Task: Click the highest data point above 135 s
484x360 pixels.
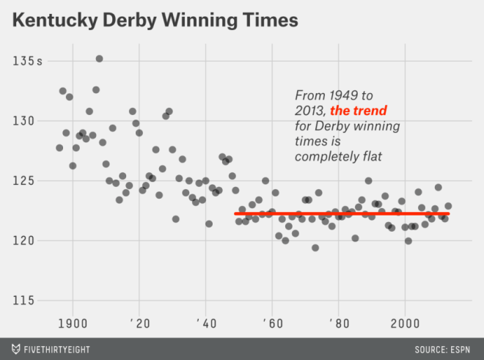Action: click(99, 59)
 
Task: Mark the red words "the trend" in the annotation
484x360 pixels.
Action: click(359, 111)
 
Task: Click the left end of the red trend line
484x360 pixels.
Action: click(236, 214)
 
